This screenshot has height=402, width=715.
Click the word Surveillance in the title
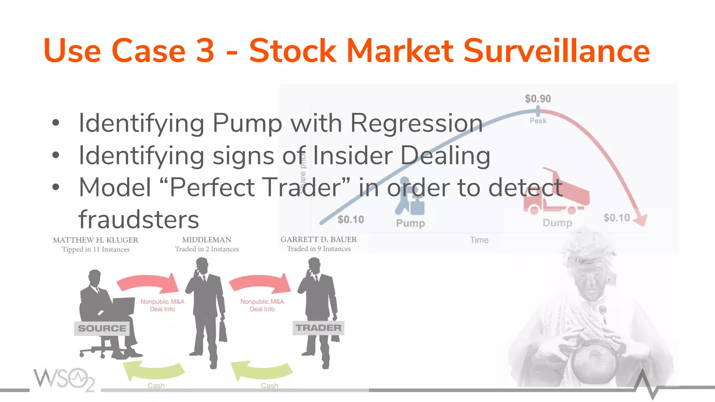coord(556,51)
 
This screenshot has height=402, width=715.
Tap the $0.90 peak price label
coord(538,99)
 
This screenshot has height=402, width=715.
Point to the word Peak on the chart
coord(538,121)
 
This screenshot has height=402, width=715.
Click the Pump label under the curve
coord(410,223)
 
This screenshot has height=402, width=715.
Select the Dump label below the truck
coord(557,223)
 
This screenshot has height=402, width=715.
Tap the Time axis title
coord(479,240)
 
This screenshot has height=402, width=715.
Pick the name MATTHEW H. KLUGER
coord(95,240)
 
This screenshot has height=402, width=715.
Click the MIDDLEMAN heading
coord(207,240)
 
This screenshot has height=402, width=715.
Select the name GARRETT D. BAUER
coord(318,239)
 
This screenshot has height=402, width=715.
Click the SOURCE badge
coord(102,328)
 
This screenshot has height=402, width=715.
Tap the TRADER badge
coord(318,328)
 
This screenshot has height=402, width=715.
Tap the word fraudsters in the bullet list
coord(139,219)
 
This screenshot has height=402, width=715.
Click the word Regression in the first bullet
coord(416,123)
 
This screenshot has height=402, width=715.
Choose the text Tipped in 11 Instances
coord(96,250)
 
